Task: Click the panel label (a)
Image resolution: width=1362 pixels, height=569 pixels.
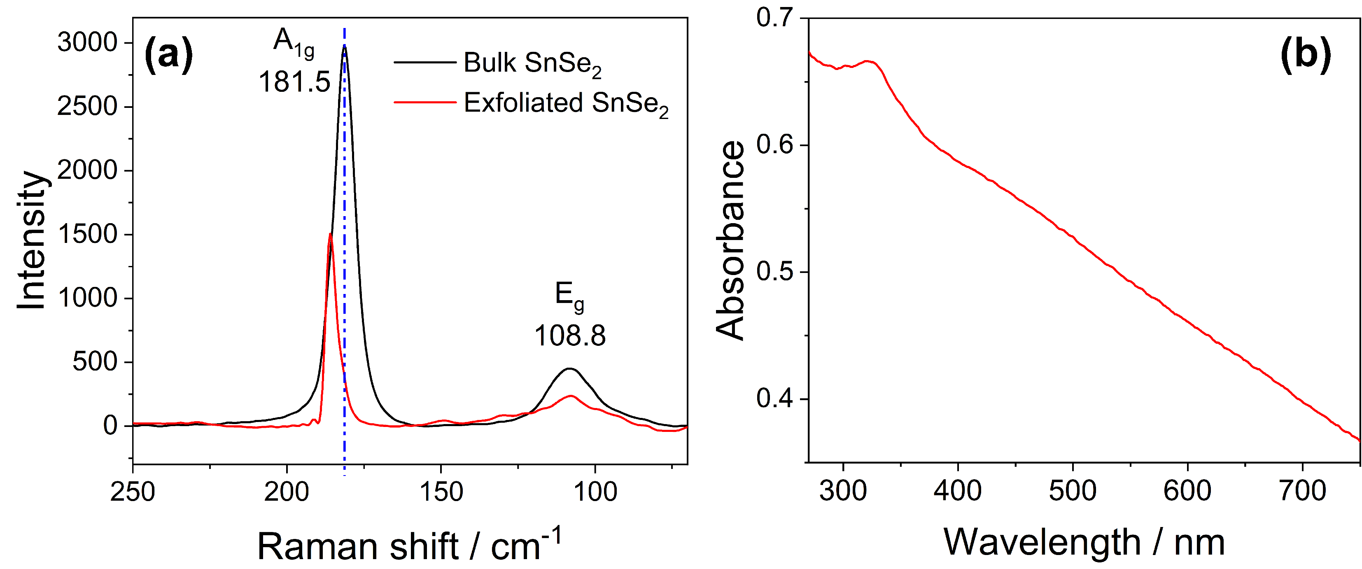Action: pos(169,55)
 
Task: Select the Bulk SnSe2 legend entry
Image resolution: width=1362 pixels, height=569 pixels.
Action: pos(532,63)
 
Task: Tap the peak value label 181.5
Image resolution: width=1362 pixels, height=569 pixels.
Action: pos(294,82)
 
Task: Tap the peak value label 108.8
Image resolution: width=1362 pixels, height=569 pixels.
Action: pos(569,336)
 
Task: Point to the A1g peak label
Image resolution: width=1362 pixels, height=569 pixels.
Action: pos(294,42)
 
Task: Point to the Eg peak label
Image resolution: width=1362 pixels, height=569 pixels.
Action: pos(569,296)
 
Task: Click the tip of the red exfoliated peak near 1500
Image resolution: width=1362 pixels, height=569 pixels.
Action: pos(331,234)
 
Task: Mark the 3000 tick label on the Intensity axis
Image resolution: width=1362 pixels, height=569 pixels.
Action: pos(87,42)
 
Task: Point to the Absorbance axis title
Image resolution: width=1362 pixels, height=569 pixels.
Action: pos(730,240)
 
